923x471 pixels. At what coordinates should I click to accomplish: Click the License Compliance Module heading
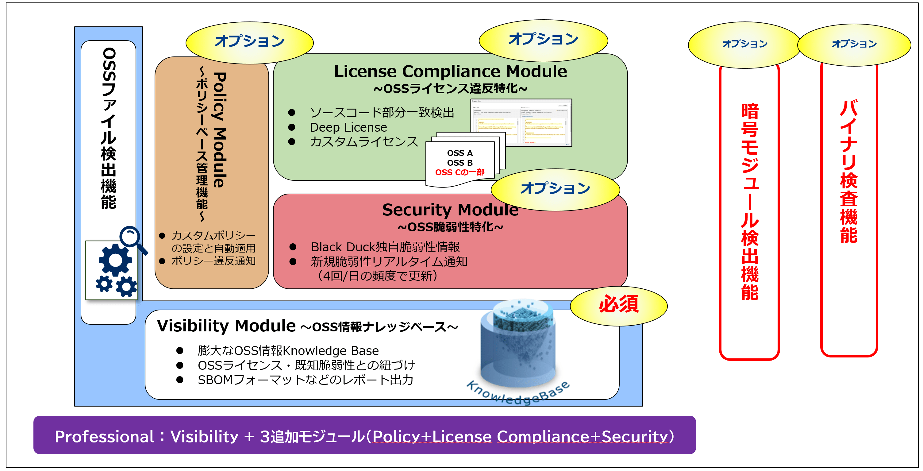point(450,71)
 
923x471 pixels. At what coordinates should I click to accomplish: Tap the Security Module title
point(450,209)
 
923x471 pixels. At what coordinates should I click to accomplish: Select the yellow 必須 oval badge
point(618,305)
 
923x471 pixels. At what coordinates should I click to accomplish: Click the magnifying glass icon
point(132,238)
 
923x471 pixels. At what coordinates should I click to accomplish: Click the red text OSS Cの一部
point(460,172)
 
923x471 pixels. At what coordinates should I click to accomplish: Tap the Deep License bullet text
point(348,127)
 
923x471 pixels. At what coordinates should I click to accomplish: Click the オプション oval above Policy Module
point(249,42)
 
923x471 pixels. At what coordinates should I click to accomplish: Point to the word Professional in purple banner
point(104,436)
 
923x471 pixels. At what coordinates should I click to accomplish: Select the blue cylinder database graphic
point(518,344)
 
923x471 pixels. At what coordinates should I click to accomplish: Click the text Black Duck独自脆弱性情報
point(385,247)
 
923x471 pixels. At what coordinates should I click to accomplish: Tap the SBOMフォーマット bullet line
point(305,380)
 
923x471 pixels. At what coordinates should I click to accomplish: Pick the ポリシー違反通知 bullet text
point(213,261)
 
